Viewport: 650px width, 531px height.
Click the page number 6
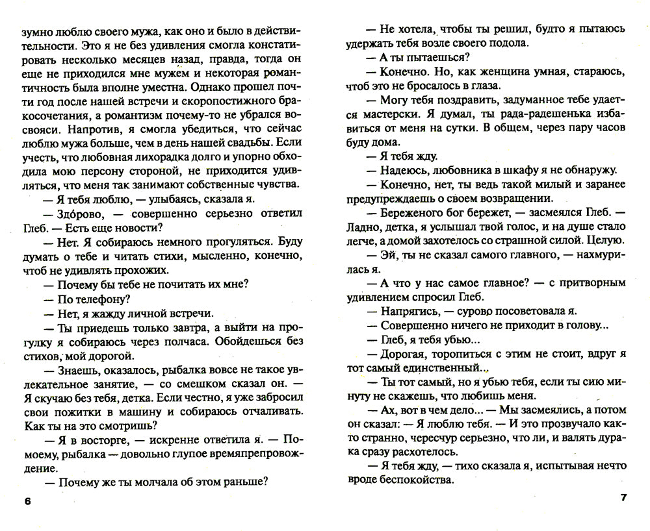click(x=26, y=502)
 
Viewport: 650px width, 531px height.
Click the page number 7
click(x=623, y=499)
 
